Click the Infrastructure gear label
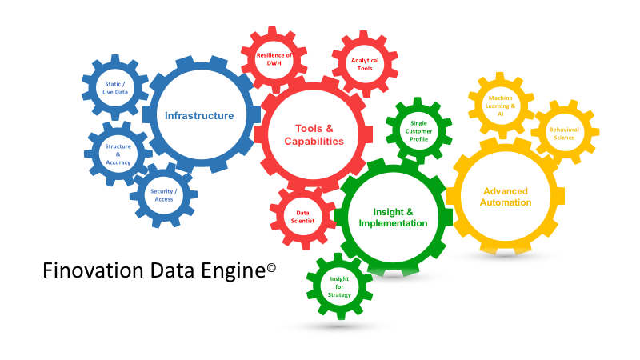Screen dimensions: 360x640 (x=199, y=116)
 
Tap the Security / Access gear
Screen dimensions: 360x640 (x=164, y=195)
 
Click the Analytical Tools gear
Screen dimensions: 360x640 (x=365, y=64)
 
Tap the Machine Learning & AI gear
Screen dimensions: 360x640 (x=500, y=106)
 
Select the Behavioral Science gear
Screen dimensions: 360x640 (x=563, y=133)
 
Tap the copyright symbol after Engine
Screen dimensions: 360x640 (x=271, y=266)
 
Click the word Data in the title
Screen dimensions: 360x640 (x=162, y=271)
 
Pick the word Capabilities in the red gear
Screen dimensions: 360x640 (x=314, y=142)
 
